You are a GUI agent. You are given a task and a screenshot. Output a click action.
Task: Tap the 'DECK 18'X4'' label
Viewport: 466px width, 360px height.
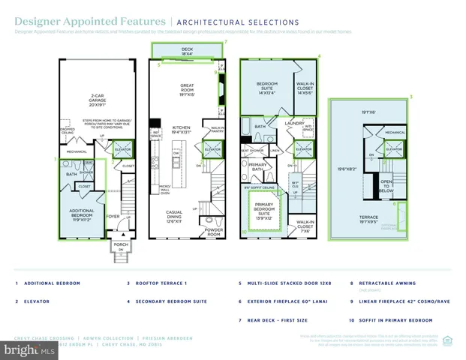[x=187, y=50]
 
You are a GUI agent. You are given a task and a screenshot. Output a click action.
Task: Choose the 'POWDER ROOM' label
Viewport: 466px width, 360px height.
[x=214, y=233]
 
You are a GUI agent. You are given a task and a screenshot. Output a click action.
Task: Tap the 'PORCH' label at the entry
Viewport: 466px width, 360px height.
[x=120, y=245]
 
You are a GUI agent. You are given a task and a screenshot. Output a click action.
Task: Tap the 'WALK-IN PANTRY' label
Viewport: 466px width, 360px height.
[x=218, y=130]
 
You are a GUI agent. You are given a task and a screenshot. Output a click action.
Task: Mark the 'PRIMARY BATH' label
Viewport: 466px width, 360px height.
[x=257, y=169]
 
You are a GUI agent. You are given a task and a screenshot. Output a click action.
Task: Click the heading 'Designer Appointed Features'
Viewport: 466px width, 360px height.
[x=65, y=22]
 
